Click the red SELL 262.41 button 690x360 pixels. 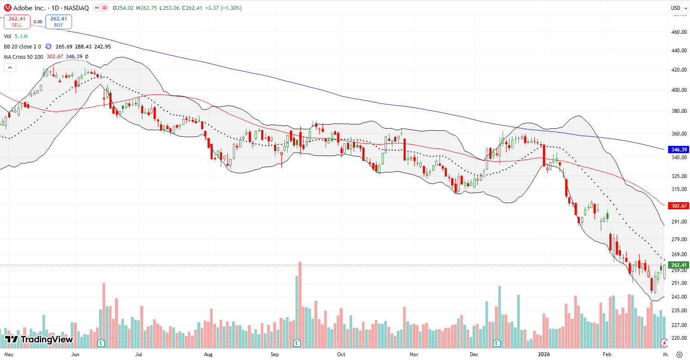pyautogui.click(x=17, y=21)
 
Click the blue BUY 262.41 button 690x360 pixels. pyautogui.click(x=58, y=21)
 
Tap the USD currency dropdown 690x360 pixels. pyautogui.click(x=678, y=8)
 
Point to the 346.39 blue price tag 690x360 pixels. pyautogui.click(x=678, y=149)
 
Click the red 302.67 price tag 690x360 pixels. pyautogui.click(x=678, y=206)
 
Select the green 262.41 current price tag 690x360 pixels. pyautogui.click(x=678, y=265)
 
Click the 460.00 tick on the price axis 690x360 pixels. pyautogui.click(x=679, y=32)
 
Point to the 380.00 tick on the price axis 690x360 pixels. pyautogui.click(x=679, y=111)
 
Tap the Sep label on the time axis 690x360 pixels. pyautogui.click(x=274, y=354)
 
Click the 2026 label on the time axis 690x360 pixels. pyautogui.click(x=543, y=354)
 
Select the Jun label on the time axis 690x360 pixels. pyautogui.click(x=75, y=354)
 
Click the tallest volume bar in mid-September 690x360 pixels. pyautogui.click(x=300, y=305)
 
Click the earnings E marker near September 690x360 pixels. pyautogui.click(x=296, y=343)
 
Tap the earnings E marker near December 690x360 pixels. pyautogui.click(x=497, y=343)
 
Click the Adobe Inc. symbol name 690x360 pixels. pyautogui.click(x=29, y=8)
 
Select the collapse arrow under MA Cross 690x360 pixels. pyautogui.click(x=10, y=67)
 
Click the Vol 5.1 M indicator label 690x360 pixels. pyautogui.click(x=16, y=36)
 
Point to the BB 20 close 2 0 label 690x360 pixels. pyautogui.click(x=22, y=46)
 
